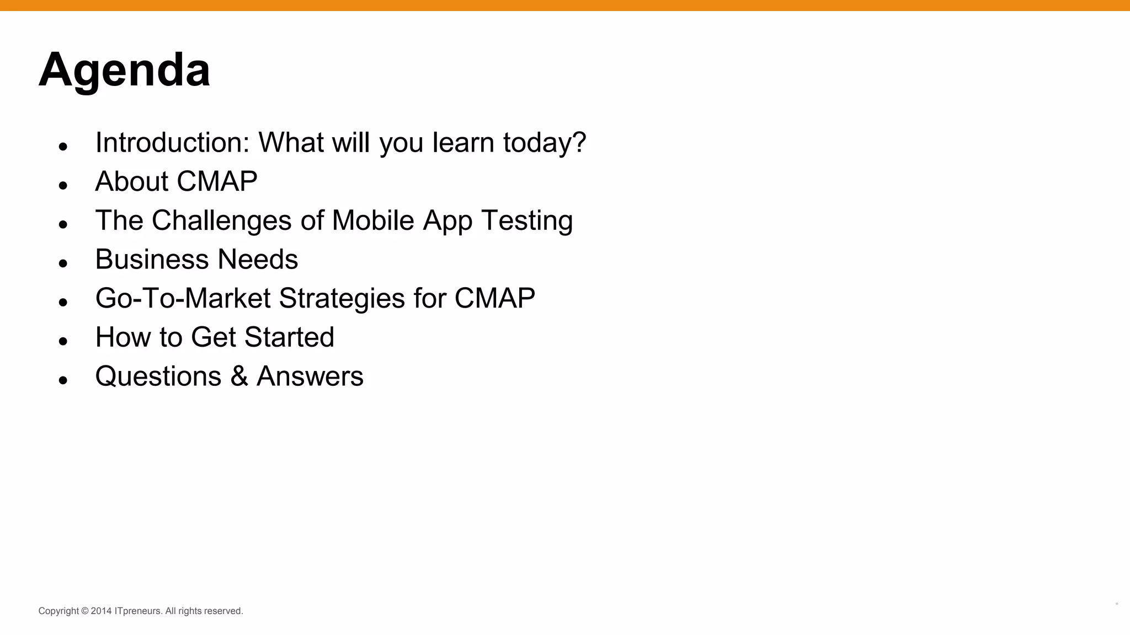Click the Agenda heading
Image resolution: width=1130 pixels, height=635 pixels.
[124, 71]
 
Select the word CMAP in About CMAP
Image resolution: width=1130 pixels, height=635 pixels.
[217, 181]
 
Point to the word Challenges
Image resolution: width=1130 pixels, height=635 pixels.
[221, 220]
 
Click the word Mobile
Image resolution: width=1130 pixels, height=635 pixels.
[373, 220]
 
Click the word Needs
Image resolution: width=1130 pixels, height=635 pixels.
[258, 260]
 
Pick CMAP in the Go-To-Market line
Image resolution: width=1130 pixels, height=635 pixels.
[494, 298]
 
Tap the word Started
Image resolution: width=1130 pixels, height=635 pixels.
[289, 337]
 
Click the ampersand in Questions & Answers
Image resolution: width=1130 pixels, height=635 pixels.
[239, 376]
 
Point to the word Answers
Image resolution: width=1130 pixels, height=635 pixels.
[310, 376]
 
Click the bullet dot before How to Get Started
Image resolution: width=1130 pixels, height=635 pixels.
[63, 341]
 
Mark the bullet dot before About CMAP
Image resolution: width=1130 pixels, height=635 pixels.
[63, 185]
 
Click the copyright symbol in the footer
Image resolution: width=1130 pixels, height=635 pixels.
[85, 611]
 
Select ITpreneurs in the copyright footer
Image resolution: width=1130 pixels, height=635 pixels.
[138, 611]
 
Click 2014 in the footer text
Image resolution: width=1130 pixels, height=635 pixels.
[101, 611]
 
